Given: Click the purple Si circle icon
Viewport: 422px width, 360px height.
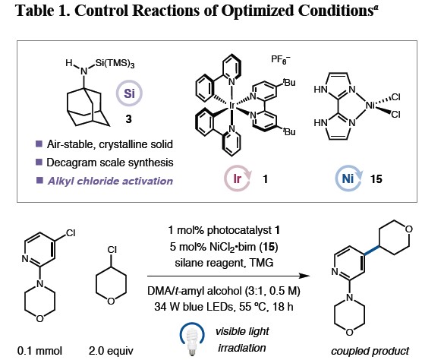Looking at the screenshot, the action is [x=129, y=93].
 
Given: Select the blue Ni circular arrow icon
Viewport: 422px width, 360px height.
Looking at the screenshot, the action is [x=348, y=178].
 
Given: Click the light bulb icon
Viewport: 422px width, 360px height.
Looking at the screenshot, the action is [x=192, y=339].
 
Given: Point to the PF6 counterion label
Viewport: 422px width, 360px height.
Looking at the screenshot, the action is [x=280, y=59].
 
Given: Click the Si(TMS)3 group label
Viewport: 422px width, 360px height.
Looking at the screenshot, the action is [x=115, y=64].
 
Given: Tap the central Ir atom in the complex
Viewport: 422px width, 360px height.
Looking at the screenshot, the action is [x=231, y=106].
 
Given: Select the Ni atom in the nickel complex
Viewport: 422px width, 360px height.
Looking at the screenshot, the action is [x=370, y=106].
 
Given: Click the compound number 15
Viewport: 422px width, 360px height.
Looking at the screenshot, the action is [x=376, y=178].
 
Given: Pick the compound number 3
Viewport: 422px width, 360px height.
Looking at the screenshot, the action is [x=128, y=118].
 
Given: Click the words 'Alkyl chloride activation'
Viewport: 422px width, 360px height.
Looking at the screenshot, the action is [x=110, y=181].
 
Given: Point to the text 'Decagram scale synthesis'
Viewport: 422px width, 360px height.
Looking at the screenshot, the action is [x=110, y=163].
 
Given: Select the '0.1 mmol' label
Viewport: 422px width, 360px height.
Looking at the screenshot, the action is [x=39, y=351].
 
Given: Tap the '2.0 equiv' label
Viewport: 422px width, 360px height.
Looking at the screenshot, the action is [x=111, y=351].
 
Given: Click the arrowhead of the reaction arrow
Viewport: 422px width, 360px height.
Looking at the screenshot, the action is [x=304, y=276].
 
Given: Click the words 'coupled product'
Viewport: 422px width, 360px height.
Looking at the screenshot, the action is [x=370, y=351].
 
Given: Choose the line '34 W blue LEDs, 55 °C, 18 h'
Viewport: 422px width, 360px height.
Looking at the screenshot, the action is [x=224, y=306].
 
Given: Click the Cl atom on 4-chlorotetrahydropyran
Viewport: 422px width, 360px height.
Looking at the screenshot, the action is [x=112, y=250].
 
